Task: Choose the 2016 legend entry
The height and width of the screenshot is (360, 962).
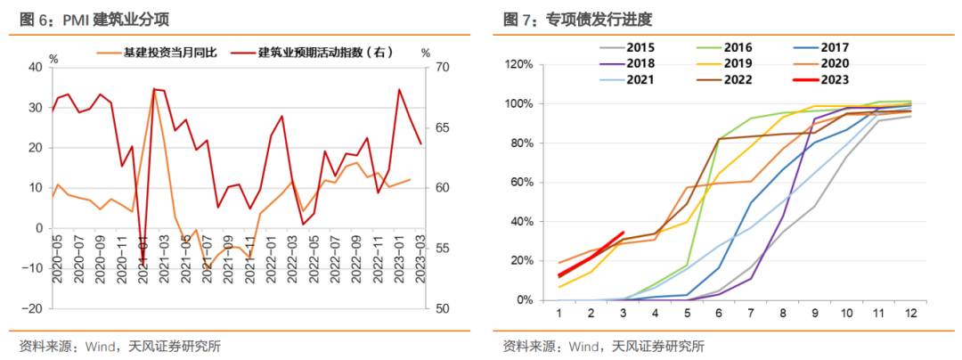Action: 738,47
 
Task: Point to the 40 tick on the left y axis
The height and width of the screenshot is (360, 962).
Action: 35,67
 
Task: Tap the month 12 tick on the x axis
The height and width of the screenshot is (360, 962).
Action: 909,314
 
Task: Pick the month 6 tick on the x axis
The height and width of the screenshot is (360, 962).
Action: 718,314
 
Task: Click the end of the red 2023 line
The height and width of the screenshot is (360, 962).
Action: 623,233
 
